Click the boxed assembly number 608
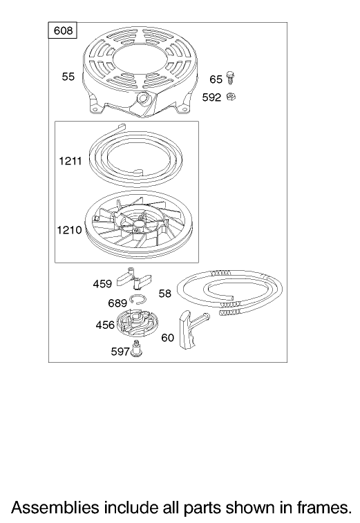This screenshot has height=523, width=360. (63, 30)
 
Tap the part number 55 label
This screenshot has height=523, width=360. (68, 77)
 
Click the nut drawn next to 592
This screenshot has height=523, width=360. (231, 97)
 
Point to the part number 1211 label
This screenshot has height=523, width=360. (70, 161)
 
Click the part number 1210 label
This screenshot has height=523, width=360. (69, 230)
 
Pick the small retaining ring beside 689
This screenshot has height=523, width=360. (137, 300)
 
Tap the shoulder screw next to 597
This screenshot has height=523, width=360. (136, 349)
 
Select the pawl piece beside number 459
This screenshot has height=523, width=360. (134, 278)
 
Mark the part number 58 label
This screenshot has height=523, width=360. (165, 293)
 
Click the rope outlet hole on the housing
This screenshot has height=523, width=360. (144, 97)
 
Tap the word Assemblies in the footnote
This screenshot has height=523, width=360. (55, 507)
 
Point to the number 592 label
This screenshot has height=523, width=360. (211, 97)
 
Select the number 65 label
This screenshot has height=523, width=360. (216, 79)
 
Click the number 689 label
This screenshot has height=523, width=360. (117, 303)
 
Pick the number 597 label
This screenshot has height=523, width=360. (120, 351)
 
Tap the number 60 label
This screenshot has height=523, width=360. (167, 338)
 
